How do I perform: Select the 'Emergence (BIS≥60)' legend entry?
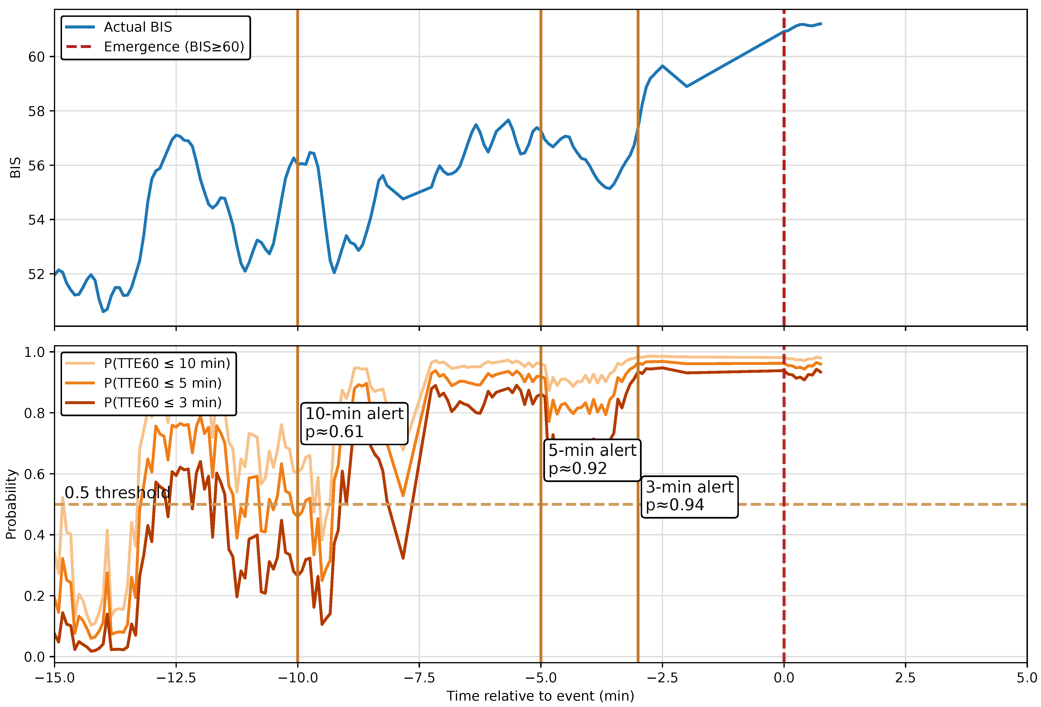point(155,47)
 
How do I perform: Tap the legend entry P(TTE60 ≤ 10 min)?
point(148,363)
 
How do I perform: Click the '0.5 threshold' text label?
point(117,492)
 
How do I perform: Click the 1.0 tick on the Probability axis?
point(34,352)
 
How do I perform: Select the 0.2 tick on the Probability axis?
point(34,596)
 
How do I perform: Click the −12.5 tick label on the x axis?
point(176,678)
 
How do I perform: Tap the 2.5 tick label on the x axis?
point(905,678)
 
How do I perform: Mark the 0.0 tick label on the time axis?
point(784,678)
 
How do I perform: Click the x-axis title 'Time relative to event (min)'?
point(540,696)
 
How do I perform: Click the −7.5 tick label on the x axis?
point(419,678)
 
